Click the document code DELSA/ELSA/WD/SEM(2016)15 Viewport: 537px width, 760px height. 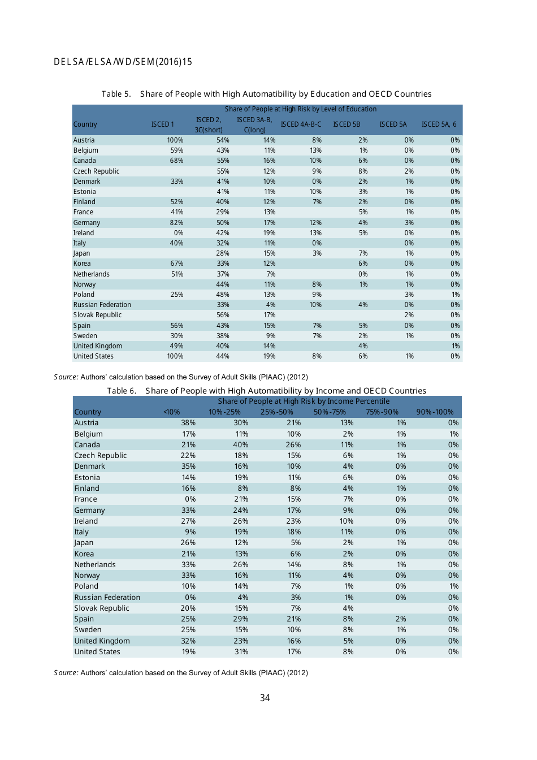click(123, 62)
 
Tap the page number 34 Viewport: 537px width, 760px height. click(265, 698)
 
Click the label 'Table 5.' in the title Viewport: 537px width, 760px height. click(116, 94)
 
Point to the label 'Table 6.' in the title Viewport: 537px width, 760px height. click(122, 391)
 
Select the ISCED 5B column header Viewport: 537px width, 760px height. click(347, 124)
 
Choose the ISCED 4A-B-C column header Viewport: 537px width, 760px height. click(301, 124)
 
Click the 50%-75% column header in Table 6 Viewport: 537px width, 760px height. click(330, 412)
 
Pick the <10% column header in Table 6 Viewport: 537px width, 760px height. click(171, 412)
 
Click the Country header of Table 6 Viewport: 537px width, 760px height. click(88, 412)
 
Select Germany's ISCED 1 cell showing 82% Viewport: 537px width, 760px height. click(176, 223)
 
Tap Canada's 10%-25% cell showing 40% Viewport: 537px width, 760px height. click(240, 445)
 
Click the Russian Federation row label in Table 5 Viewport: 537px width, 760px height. click(102, 305)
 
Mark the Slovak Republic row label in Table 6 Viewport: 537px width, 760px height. click(102, 608)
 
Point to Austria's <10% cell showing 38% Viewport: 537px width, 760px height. click(188, 423)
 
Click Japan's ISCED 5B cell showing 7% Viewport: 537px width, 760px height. click(363, 253)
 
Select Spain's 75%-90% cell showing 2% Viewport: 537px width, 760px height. click(400, 619)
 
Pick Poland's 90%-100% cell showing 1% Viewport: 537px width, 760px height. click(454, 586)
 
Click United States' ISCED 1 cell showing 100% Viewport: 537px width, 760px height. click(175, 356)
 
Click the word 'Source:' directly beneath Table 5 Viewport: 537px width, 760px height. click(66, 377)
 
